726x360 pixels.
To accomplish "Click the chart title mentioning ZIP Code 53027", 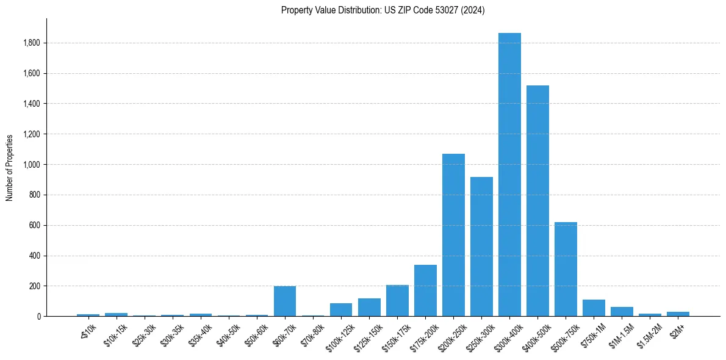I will (383, 10).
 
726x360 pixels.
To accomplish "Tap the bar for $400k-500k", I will (537, 201).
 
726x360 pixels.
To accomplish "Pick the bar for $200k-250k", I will (453, 235).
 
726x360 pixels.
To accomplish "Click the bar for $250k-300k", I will (481, 247).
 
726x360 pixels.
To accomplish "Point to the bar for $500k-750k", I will (566, 269).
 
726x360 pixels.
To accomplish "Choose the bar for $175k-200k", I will (425, 290).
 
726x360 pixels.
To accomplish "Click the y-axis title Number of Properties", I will (10, 168).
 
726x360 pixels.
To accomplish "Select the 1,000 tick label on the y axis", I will (32, 165).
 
